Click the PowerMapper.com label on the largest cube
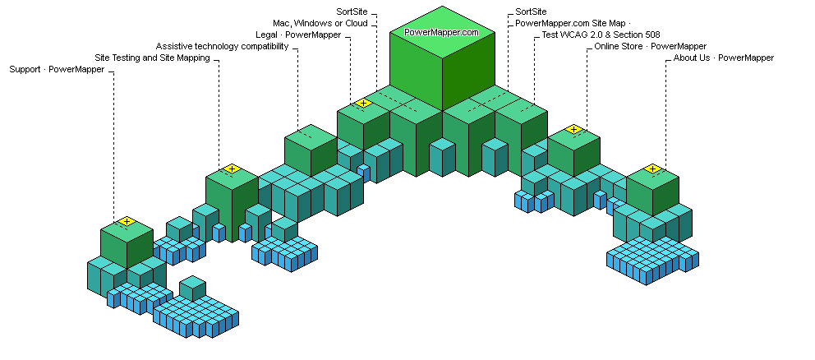(x=441, y=32)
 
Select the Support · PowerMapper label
(x=57, y=70)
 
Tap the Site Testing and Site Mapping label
(x=152, y=58)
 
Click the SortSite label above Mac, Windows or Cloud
(x=352, y=12)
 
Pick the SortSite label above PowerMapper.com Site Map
(x=530, y=12)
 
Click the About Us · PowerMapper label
(x=724, y=58)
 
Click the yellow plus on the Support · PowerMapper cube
(x=126, y=221)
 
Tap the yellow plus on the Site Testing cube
(x=232, y=168)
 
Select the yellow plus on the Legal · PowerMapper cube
(x=363, y=103)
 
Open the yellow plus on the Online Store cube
(x=573, y=129)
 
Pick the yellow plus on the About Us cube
(x=652, y=168)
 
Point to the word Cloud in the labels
(x=355, y=23)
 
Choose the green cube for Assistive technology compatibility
(x=311, y=150)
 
